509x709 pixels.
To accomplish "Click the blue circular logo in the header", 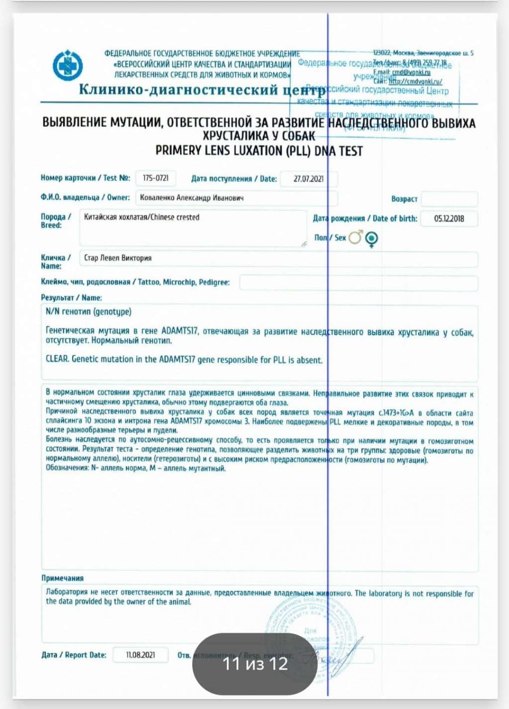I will (x=68, y=65).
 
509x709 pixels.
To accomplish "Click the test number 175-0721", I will (x=156, y=178).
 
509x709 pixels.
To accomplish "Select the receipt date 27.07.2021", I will (x=308, y=179).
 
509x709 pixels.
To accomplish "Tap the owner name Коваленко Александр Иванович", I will (x=191, y=198).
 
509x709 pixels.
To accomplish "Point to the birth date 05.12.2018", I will (x=449, y=218).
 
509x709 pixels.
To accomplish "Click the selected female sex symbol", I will (x=371, y=239).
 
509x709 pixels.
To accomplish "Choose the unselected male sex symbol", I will (x=356, y=237).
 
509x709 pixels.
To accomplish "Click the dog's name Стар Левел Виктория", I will (x=118, y=258).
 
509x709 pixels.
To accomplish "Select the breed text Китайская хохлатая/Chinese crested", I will (x=142, y=217).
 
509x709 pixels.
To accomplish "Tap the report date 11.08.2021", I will (x=141, y=655).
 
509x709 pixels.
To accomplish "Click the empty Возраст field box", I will (x=449, y=199).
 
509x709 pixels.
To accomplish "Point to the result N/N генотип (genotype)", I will (x=88, y=312).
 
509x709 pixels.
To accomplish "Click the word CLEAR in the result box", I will (x=57, y=359).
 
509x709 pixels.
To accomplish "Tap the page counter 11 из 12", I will (x=255, y=664).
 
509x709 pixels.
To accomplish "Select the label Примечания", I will (x=62, y=578).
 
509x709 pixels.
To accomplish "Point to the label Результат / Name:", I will (x=71, y=298).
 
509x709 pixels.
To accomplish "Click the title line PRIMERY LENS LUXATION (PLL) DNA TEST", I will (x=259, y=151).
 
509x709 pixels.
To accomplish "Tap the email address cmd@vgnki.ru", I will (x=411, y=72).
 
